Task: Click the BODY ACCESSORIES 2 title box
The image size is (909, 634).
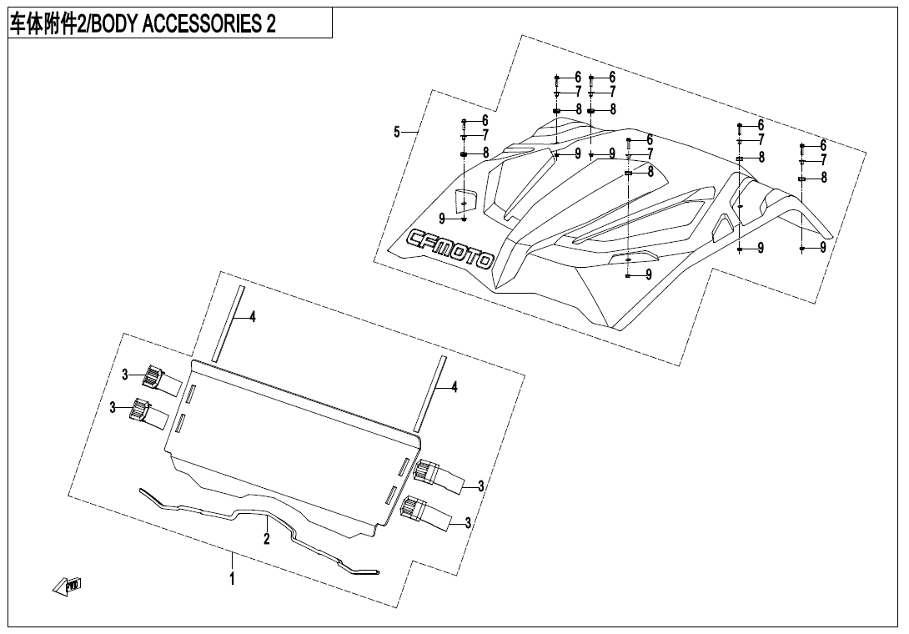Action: pyautogui.click(x=170, y=23)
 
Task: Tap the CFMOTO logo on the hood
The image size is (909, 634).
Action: pyautogui.click(x=449, y=249)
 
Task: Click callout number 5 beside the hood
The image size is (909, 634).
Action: pyautogui.click(x=396, y=133)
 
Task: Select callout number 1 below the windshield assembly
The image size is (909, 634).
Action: pyautogui.click(x=233, y=579)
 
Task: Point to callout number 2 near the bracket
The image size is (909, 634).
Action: pyautogui.click(x=267, y=539)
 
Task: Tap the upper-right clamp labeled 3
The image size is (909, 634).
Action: pyautogui.click(x=439, y=475)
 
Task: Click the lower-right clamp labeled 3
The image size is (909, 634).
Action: pyautogui.click(x=430, y=513)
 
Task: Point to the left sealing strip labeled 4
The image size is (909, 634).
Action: pyautogui.click(x=228, y=324)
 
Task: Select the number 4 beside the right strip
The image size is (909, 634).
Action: pyautogui.click(x=454, y=387)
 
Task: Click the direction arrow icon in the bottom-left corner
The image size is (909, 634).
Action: pyautogui.click(x=67, y=586)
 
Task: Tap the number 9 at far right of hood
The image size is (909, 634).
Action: pyautogui.click(x=823, y=248)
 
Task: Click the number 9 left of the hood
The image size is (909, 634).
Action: pyautogui.click(x=442, y=219)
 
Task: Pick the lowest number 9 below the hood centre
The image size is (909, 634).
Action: pyautogui.click(x=649, y=275)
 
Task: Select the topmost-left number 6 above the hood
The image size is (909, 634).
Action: pyautogui.click(x=578, y=77)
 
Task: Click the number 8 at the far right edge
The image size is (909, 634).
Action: pyautogui.click(x=824, y=178)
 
